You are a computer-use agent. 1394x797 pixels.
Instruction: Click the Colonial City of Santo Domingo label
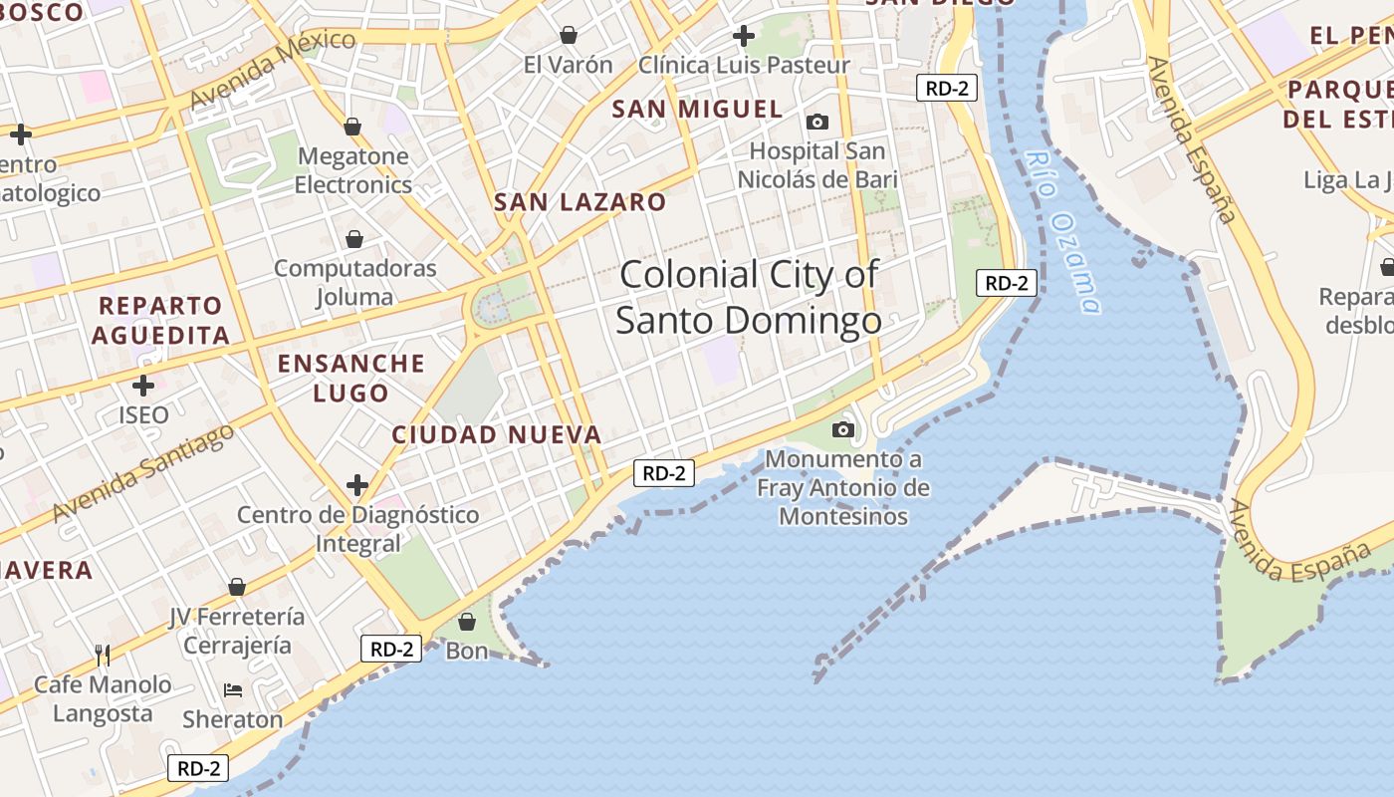(748, 297)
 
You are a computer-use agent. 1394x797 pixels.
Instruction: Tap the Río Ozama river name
(1063, 232)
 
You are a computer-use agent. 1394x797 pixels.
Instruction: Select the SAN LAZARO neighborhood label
(580, 202)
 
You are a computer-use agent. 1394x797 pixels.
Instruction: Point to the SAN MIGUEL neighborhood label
(697, 110)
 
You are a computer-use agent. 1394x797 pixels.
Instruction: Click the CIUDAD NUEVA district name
(496, 434)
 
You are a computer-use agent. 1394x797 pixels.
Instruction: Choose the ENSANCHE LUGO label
(350, 378)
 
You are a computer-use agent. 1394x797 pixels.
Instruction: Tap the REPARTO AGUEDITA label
(161, 320)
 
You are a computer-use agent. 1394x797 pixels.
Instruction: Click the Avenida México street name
(271, 70)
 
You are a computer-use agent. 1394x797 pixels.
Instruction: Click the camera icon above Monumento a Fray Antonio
(843, 430)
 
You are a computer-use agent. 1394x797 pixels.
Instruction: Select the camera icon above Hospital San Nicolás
(817, 123)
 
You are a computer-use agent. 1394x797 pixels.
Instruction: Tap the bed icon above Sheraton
(233, 689)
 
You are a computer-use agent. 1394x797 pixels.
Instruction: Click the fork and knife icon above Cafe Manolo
(103, 655)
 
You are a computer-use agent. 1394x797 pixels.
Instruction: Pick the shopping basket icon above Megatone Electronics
(351, 127)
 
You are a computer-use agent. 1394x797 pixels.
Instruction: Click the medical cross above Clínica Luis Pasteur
(743, 37)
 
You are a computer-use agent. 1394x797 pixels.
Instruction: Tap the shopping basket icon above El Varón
(569, 36)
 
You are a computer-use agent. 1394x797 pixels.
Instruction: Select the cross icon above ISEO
(143, 385)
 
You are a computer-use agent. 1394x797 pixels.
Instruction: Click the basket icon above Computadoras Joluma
(354, 239)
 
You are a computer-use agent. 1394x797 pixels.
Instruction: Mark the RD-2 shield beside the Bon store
(391, 650)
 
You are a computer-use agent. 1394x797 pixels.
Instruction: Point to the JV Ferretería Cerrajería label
(237, 631)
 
